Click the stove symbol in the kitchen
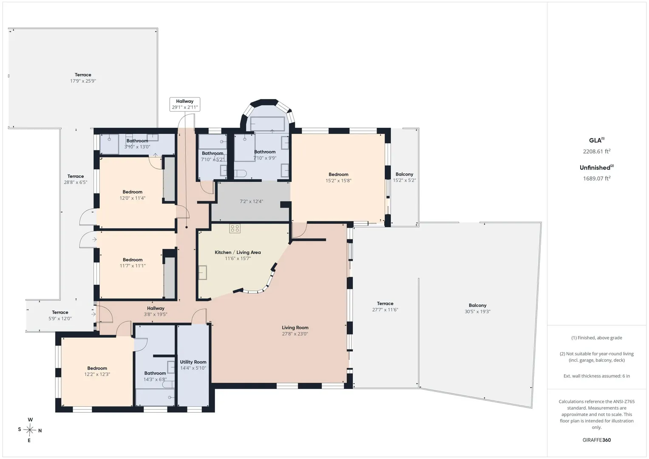pos(235,228)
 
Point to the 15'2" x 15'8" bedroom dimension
pos(338,181)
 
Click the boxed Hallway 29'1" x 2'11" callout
pos(185,104)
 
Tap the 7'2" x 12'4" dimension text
pos(251,201)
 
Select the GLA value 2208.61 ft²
pos(597,151)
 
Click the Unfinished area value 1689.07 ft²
pos(597,178)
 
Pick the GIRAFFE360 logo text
pos(597,440)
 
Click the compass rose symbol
pos(29,430)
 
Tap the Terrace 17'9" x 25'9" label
pos(83,78)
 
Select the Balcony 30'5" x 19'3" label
pos(477,308)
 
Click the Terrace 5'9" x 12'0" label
pos(60,315)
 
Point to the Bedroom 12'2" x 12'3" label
pos(97,371)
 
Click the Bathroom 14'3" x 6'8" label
pos(155,376)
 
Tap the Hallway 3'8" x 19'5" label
pos(156,311)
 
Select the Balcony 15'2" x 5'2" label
pos(404,177)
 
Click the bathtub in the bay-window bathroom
pos(267,124)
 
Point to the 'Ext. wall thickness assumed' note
pos(597,376)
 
